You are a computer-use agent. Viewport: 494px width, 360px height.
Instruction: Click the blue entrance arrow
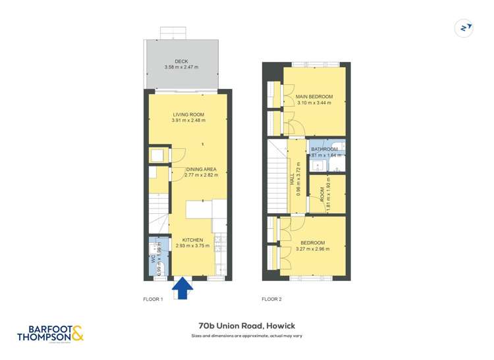tap(182, 288)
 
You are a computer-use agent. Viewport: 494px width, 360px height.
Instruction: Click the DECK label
tap(181, 62)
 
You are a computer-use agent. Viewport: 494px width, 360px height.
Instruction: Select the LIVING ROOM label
tap(188, 115)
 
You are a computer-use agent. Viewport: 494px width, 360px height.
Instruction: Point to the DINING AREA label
tap(202, 169)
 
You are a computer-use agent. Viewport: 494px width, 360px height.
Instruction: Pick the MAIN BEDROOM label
tap(315, 97)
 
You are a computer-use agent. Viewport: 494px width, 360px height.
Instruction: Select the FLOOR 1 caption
tap(153, 299)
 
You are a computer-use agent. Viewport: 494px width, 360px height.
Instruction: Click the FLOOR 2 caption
tap(271, 299)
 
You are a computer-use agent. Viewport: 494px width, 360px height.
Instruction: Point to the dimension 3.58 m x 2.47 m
tap(181, 68)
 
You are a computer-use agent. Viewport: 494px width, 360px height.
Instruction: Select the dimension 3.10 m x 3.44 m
tap(315, 103)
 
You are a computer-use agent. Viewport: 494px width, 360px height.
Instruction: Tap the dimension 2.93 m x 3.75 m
tap(193, 246)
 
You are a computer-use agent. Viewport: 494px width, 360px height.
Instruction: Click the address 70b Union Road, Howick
tap(247, 325)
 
